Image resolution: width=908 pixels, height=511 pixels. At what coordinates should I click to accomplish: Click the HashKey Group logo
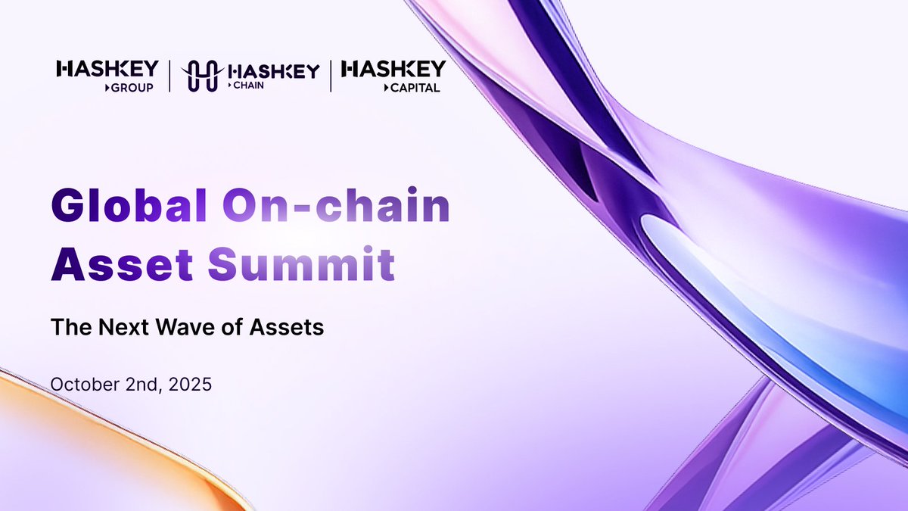pos(107,76)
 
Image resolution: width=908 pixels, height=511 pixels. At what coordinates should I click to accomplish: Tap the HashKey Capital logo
pos(393,76)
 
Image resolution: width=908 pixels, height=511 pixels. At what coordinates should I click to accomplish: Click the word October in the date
pos(80,384)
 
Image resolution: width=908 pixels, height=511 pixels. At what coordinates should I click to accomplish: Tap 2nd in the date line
pos(138,384)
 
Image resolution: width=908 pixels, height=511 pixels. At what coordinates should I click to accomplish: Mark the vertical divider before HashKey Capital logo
pos(331,76)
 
